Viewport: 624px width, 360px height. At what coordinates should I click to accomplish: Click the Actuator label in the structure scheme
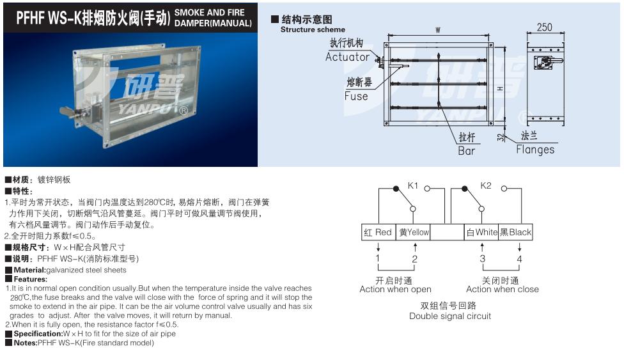347,57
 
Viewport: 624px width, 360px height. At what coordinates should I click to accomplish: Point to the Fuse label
356,96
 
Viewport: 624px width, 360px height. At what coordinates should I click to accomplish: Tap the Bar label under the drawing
467,151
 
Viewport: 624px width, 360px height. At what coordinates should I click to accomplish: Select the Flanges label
535,150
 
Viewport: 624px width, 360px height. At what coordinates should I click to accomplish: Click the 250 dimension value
544,27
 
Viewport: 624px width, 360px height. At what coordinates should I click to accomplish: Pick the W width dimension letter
438,30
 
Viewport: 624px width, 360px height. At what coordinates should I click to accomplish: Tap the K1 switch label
413,185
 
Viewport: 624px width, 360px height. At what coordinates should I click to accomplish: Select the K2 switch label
486,185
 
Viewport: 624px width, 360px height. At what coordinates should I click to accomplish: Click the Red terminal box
378,232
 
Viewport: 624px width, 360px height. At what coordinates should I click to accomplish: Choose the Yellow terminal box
414,232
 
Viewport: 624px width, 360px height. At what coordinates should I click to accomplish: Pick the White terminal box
481,232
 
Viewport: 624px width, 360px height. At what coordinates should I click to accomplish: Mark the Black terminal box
515,232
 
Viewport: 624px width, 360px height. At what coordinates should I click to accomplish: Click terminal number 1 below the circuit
378,259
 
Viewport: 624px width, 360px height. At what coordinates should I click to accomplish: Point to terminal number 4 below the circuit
519,259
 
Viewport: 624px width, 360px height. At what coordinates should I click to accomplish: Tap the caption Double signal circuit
450,316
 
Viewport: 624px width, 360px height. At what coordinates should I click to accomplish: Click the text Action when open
395,289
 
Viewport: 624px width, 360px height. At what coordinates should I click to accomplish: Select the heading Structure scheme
313,29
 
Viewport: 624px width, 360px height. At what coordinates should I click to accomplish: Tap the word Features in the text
30,279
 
